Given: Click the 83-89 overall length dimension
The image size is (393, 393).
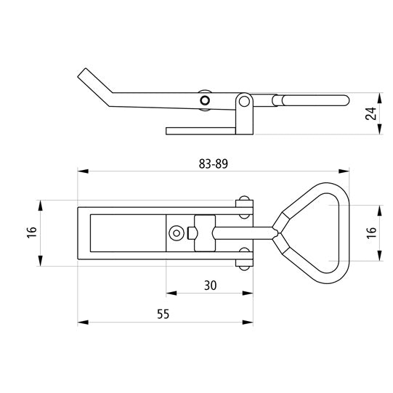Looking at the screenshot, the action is [x=214, y=164].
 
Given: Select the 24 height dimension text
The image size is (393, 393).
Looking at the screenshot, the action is [x=370, y=113].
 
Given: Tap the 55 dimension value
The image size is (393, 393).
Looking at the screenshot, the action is [x=163, y=314].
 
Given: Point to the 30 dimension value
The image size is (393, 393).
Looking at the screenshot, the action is [x=210, y=285].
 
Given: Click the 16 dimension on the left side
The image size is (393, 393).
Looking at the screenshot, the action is [x=33, y=232].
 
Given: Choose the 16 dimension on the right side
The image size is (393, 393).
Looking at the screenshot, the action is [x=371, y=233].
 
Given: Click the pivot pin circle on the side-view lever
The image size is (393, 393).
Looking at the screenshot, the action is [x=205, y=100].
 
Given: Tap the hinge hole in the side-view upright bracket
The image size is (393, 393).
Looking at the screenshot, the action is [x=244, y=102].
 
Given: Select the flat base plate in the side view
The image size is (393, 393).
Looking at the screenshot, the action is [x=200, y=131].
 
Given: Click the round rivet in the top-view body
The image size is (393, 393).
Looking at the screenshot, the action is [x=177, y=233].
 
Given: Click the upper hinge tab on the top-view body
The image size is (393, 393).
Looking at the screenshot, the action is [x=244, y=208].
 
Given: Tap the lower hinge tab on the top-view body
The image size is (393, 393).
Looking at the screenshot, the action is [x=244, y=259].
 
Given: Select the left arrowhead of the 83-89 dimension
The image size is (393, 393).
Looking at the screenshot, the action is [x=83, y=171].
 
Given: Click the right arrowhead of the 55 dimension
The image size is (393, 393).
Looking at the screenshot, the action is [x=248, y=322].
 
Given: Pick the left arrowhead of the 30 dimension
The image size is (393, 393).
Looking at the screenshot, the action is [x=171, y=293].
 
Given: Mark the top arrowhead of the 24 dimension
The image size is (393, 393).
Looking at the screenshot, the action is [x=380, y=98].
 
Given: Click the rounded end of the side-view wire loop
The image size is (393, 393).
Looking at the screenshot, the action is [x=345, y=100].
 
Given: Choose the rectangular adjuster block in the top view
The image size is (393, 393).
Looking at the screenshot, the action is [x=205, y=233].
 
